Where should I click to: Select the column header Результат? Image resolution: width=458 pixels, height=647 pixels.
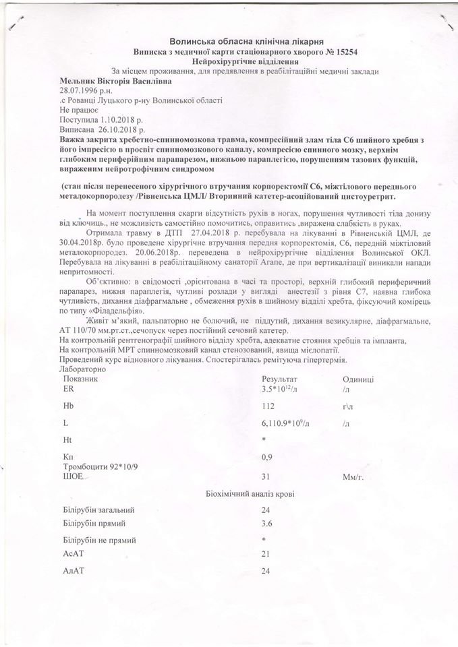click(281, 379)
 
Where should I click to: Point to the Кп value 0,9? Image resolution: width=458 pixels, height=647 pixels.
click(267, 457)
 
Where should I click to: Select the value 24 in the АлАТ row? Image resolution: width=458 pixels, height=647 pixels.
click(267, 570)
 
